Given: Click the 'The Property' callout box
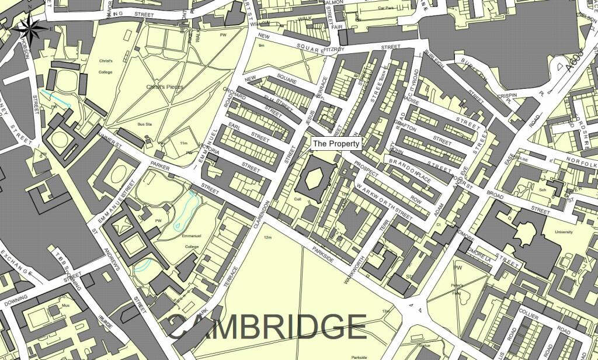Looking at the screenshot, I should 336,143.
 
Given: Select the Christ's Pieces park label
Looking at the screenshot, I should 165,87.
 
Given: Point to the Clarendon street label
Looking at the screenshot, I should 261,217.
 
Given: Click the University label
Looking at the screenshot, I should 564,232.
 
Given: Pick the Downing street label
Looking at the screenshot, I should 16,302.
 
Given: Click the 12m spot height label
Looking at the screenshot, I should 268,237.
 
